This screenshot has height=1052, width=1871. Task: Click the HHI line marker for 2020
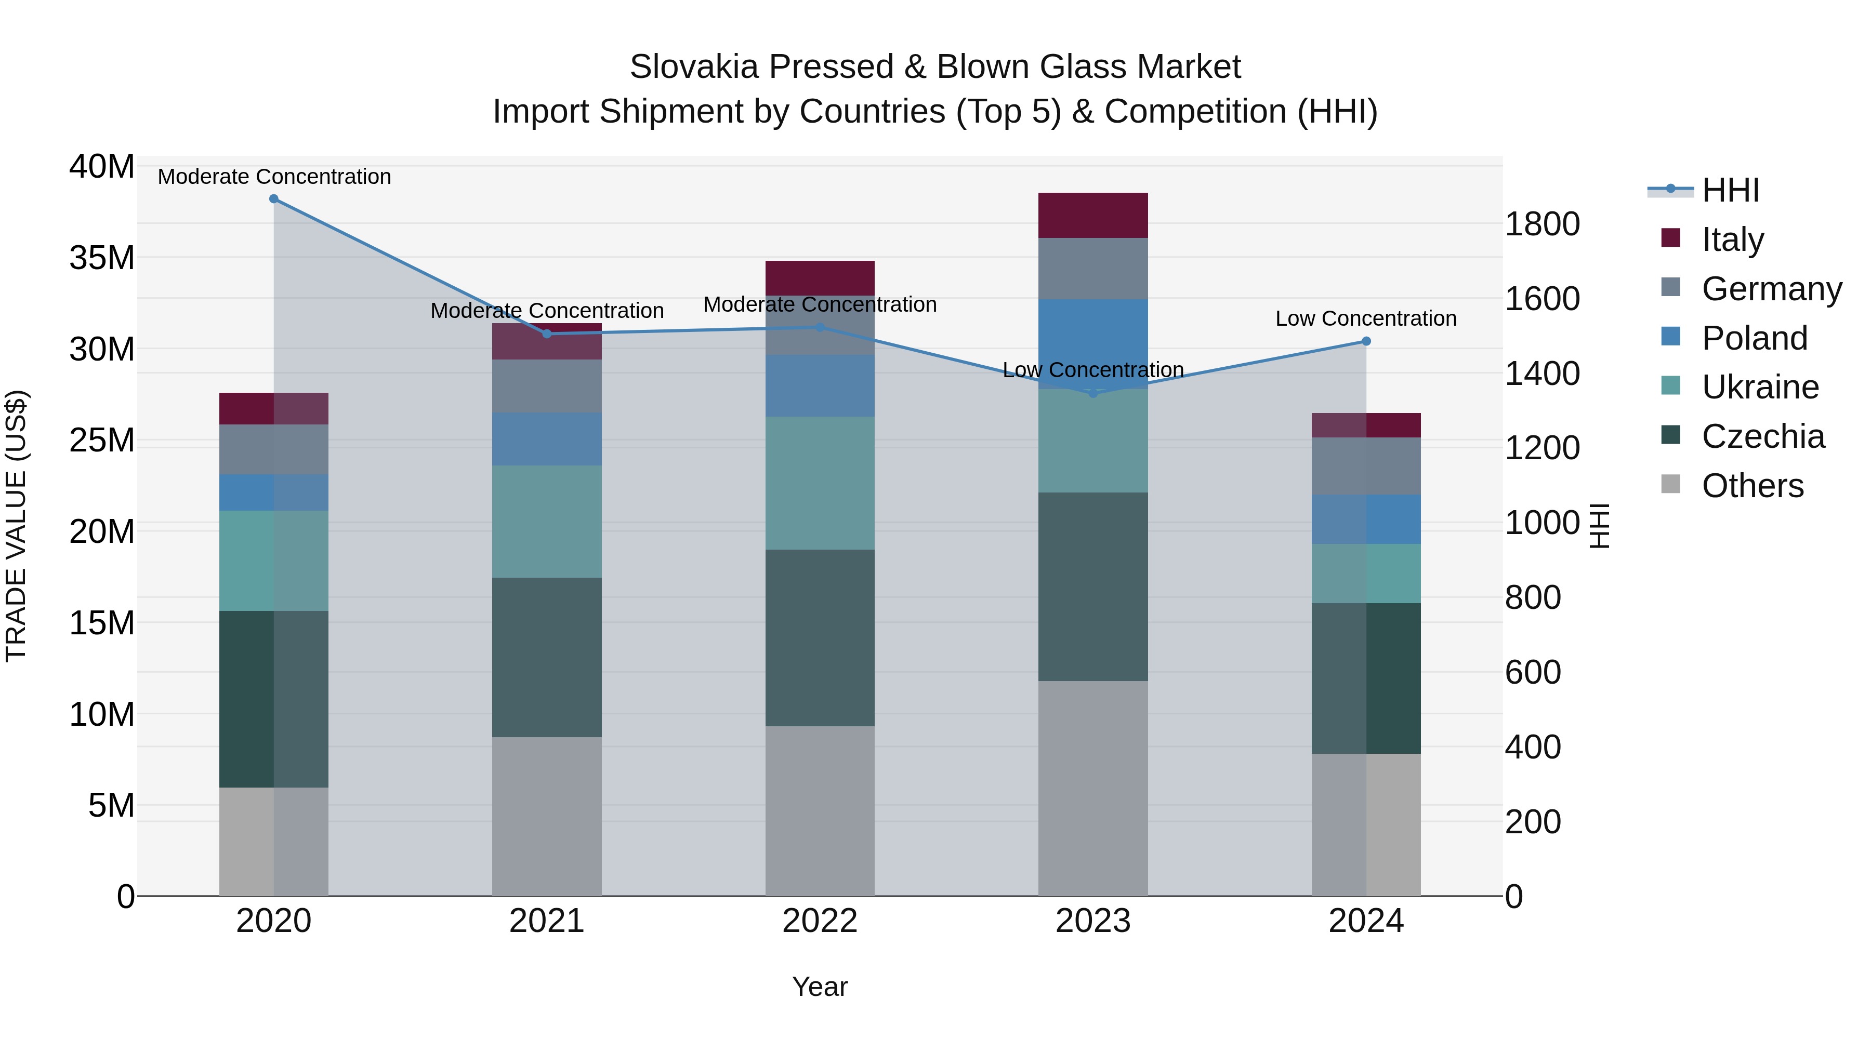274,199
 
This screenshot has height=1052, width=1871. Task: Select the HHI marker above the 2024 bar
1366,341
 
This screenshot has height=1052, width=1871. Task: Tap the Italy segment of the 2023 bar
1092,216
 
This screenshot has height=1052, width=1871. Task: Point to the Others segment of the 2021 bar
546,816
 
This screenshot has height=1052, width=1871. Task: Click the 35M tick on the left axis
102,259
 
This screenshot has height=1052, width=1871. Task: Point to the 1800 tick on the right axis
1541,224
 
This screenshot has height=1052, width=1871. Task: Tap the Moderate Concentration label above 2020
274,177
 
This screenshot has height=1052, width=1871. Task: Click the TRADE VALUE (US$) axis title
16,526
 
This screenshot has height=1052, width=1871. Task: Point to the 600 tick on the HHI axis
1533,672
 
